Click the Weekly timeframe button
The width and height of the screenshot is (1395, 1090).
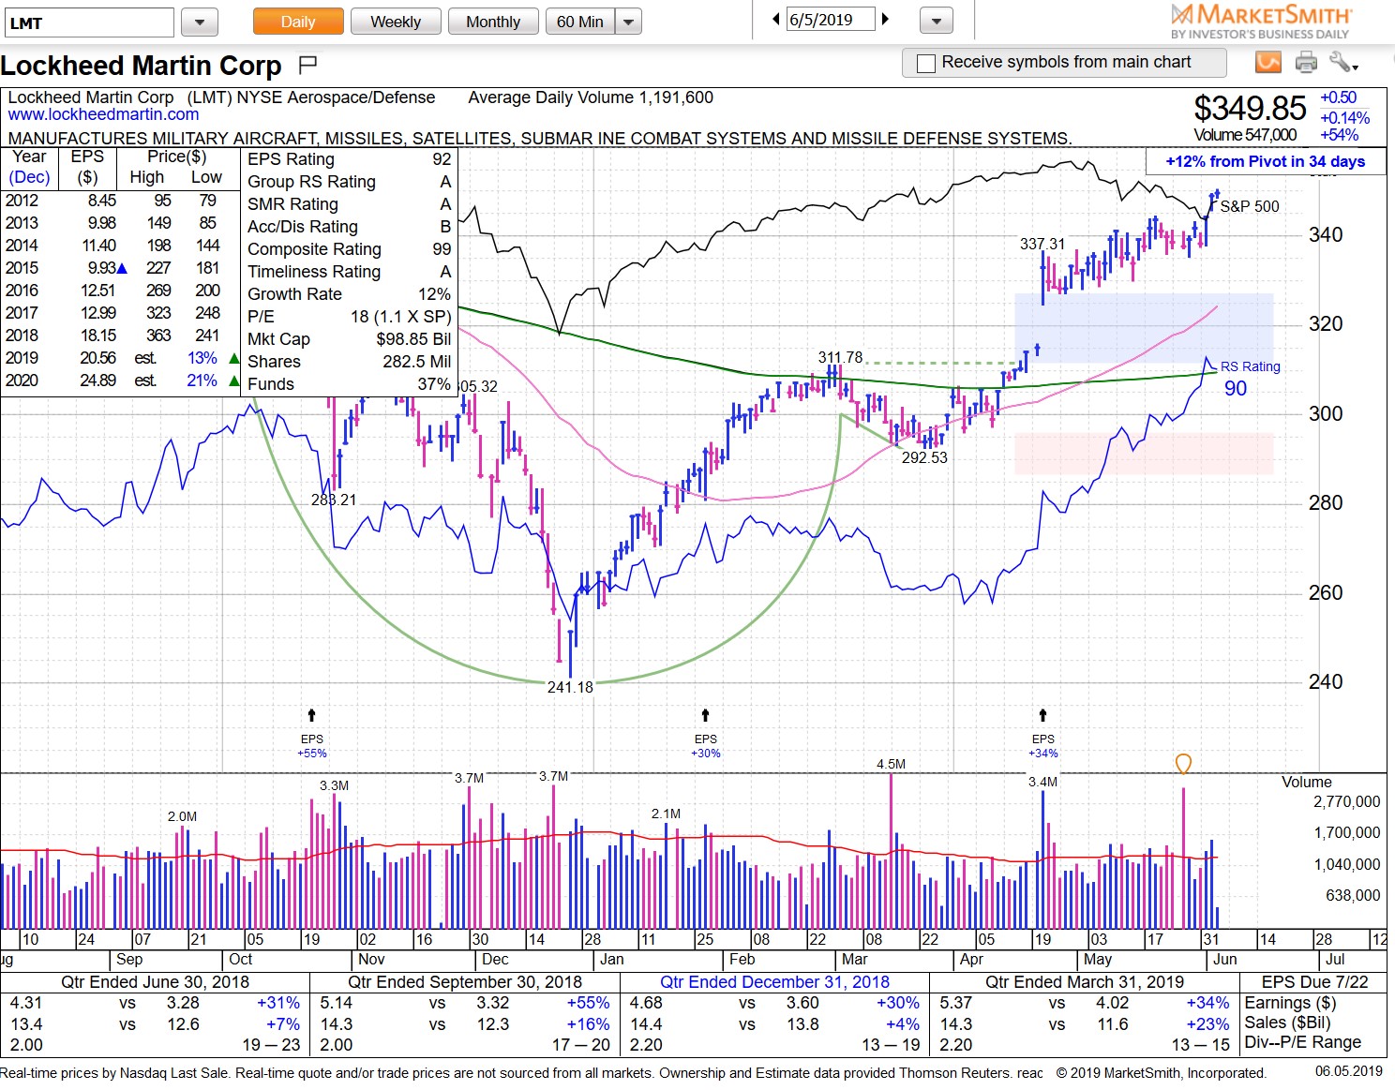tap(395, 22)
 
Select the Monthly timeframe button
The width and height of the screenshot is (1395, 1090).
tap(493, 22)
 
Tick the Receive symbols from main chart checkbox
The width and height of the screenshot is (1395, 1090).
tap(926, 63)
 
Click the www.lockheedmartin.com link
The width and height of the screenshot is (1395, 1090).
tap(103, 114)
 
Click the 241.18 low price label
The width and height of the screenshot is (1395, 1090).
tap(570, 687)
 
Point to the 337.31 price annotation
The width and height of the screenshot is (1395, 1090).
tap(1042, 244)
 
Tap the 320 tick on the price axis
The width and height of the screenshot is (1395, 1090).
tap(1326, 324)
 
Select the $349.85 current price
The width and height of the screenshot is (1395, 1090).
tap(1249, 109)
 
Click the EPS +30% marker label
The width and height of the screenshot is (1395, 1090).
tap(705, 746)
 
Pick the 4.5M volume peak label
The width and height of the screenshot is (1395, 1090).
tap(891, 764)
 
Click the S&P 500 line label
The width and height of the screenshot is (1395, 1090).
tap(1249, 206)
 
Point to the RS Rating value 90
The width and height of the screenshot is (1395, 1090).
tap(1236, 388)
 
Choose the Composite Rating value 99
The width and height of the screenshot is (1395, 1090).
tap(442, 249)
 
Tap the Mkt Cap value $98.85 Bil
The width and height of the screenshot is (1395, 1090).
tap(413, 339)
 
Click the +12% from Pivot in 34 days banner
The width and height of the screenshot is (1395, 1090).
tap(1265, 161)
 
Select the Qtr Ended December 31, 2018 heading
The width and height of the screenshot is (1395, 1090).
tap(774, 981)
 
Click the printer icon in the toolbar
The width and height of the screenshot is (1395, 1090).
tap(1306, 63)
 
